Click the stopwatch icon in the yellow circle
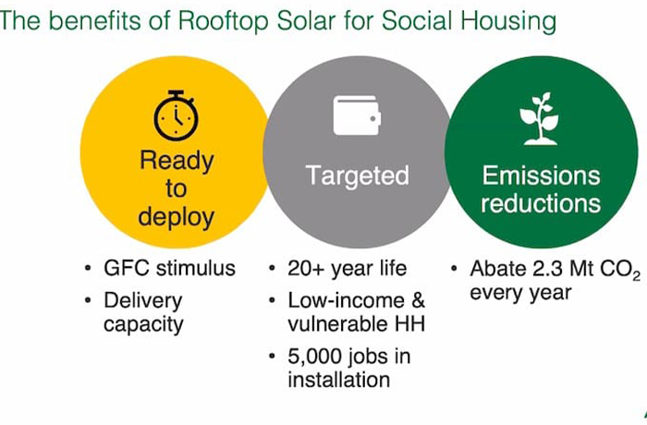(177, 115)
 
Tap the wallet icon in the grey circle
(357, 115)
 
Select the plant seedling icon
(539, 119)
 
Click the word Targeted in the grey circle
(358, 176)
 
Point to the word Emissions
(541, 176)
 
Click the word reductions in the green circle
(541, 203)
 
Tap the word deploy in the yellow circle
(177, 217)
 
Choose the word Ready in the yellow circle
(177, 161)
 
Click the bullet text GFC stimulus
(169, 268)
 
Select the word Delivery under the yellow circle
(142, 301)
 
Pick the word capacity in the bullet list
(143, 324)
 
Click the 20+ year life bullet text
(347, 269)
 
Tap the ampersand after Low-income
(418, 300)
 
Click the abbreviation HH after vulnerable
(409, 323)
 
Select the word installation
(339, 379)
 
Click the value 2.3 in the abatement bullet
(547, 269)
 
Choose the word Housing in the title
(508, 21)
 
